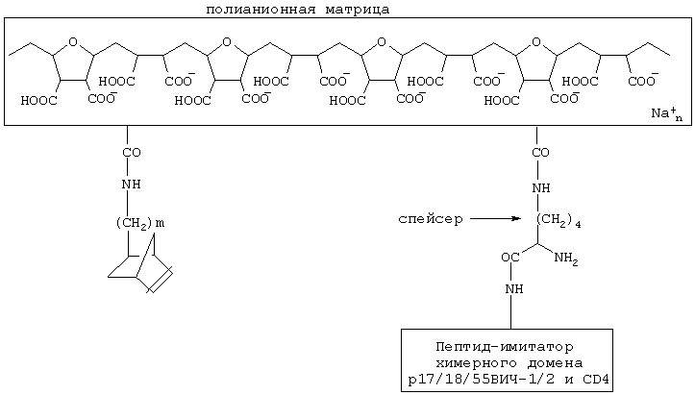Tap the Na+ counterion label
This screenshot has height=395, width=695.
click(x=665, y=113)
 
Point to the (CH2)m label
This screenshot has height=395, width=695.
click(x=140, y=223)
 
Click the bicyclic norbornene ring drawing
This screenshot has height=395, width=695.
click(x=140, y=266)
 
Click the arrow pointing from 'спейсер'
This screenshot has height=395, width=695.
click(x=496, y=219)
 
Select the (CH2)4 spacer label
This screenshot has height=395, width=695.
click(x=559, y=221)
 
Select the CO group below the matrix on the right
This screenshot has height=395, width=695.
click(x=541, y=153)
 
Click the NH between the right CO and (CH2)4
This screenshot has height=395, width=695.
click(x=541, y=187)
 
